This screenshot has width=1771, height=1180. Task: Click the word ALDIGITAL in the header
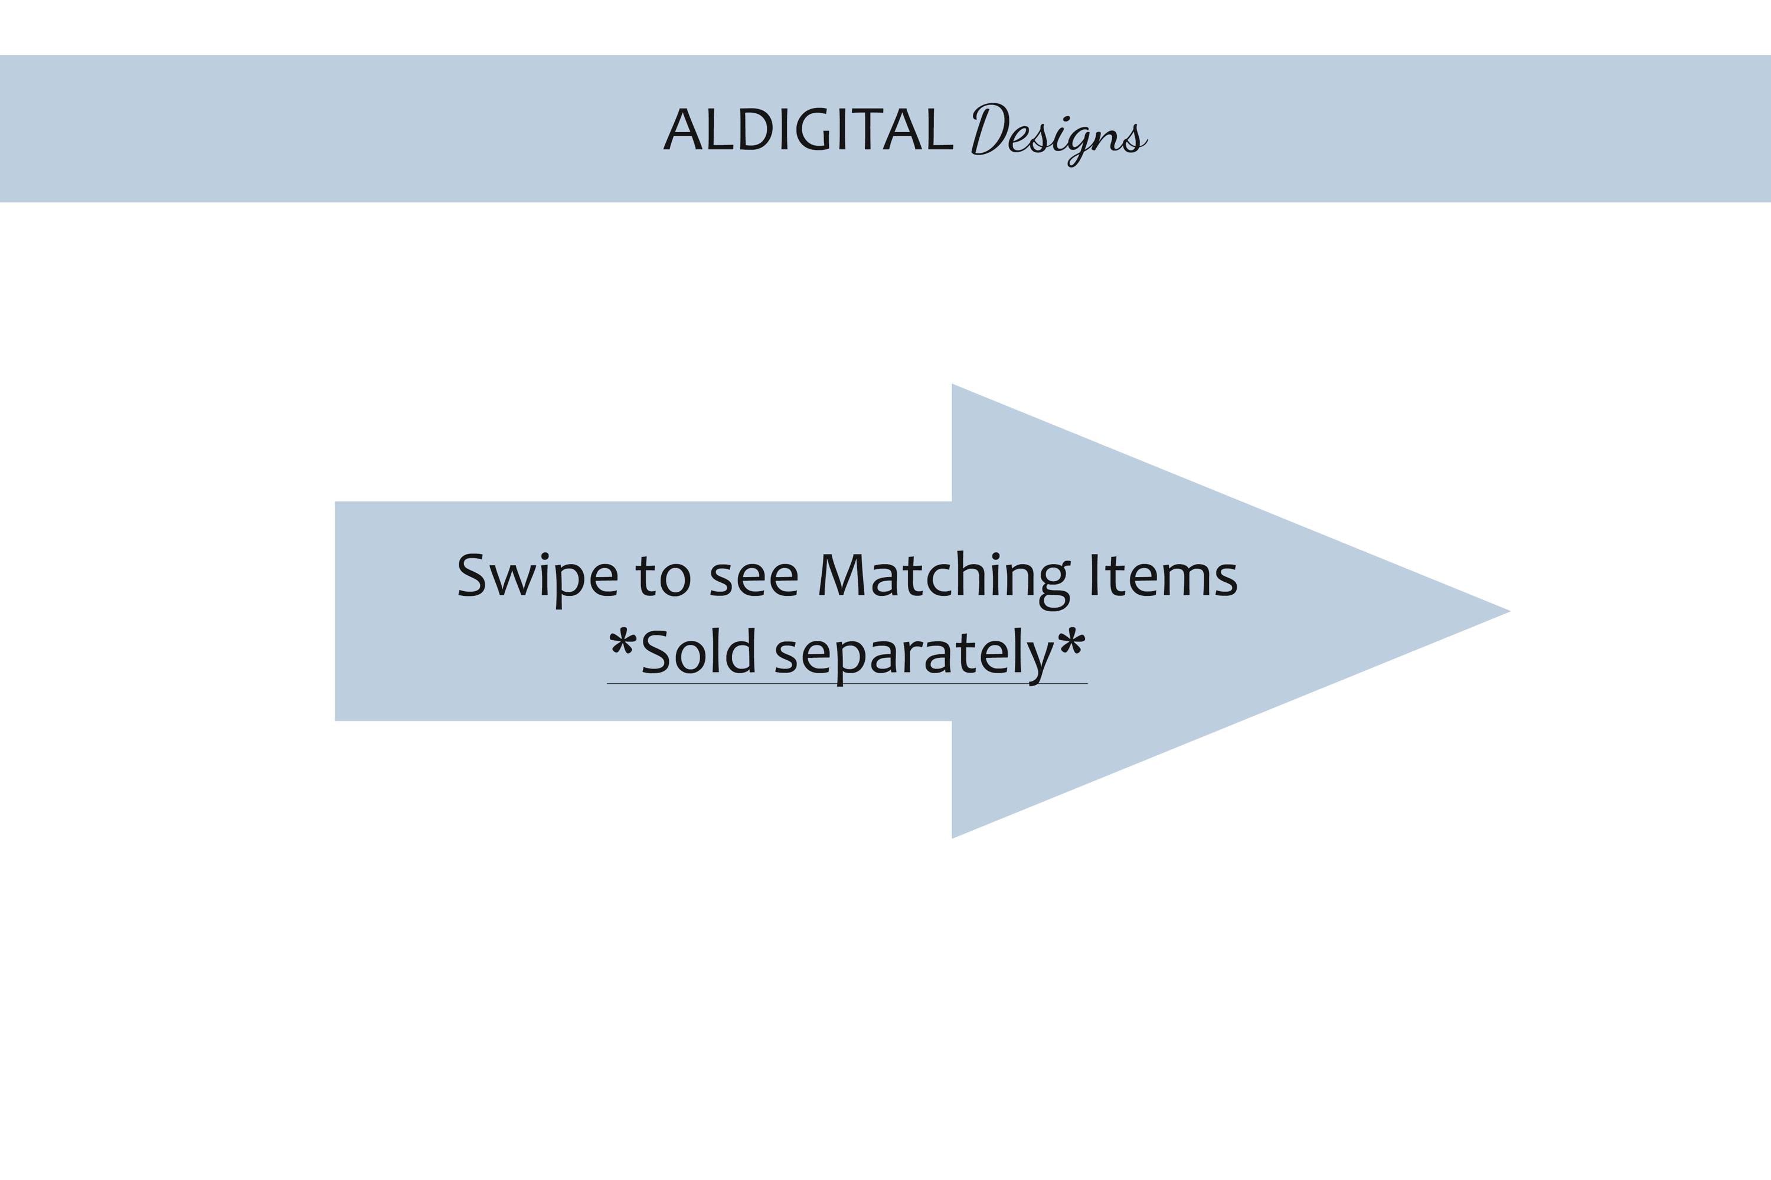click(808, 129)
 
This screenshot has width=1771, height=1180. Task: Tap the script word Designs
click(1058, 134)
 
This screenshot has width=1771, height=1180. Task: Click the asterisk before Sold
click(623, 644)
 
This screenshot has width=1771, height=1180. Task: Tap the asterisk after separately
click(1071, 644)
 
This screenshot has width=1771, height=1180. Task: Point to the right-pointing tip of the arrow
click(1509, 611)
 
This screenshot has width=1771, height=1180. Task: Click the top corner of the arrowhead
click(953, 385)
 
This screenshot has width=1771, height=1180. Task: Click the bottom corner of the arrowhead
click(953, 838)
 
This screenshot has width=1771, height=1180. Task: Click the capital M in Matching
click(844, 576)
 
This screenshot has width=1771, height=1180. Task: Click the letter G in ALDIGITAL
click(812, 129)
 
